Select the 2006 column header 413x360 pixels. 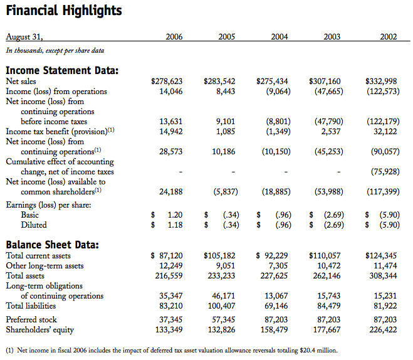pos(174,38)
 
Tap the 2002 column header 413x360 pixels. pos(388,38)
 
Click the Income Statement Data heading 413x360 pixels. pos(62,70)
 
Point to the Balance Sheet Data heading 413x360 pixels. pos(52,245)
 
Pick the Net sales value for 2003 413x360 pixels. pos(325,82)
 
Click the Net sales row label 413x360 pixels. pos(21,82)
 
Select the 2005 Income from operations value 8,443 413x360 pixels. pos(225,92)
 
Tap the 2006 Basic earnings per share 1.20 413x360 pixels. pos(174,214)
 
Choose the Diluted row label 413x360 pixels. pos(34,225)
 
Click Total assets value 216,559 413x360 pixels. pos(167,276)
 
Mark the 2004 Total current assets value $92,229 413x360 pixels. pos(273,256)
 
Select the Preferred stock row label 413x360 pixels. pos(31,319)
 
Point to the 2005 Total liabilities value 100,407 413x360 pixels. pos(220,306)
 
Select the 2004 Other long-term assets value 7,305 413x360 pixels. pos(278,266)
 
